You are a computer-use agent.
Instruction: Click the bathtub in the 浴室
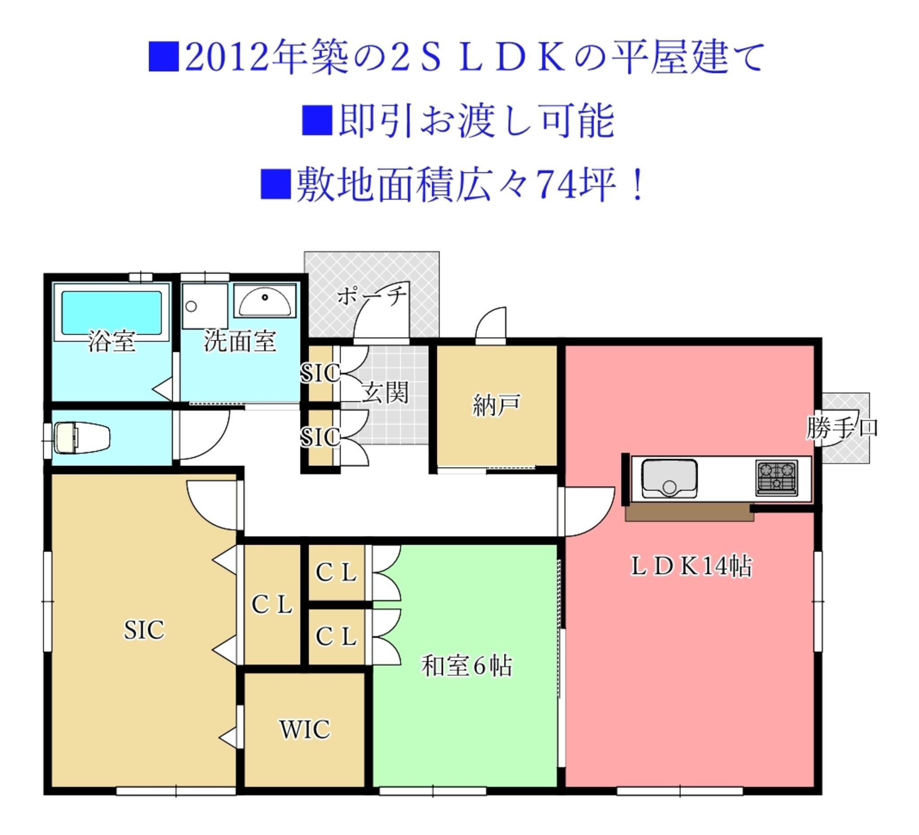[x=111, y=312]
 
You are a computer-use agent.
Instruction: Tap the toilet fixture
[x=82, y=438]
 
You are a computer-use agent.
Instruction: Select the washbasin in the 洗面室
[x=265, y=301]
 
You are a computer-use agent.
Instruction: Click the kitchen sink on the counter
[x=669, y=479]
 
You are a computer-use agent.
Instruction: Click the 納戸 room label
[x=496, y=405]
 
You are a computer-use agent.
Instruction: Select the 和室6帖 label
[x=466, y=665]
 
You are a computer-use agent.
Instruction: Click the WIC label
[x=305, y=729]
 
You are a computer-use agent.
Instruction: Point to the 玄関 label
[x=385, y=392]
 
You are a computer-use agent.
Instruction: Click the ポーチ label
[x=372, y=296]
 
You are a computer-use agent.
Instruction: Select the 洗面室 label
[x=240, y=341]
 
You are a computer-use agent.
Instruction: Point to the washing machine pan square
[x=205, y=306]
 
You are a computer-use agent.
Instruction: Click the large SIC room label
[x=144, y=630]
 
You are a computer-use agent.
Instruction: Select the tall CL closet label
[x=272, y=604]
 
